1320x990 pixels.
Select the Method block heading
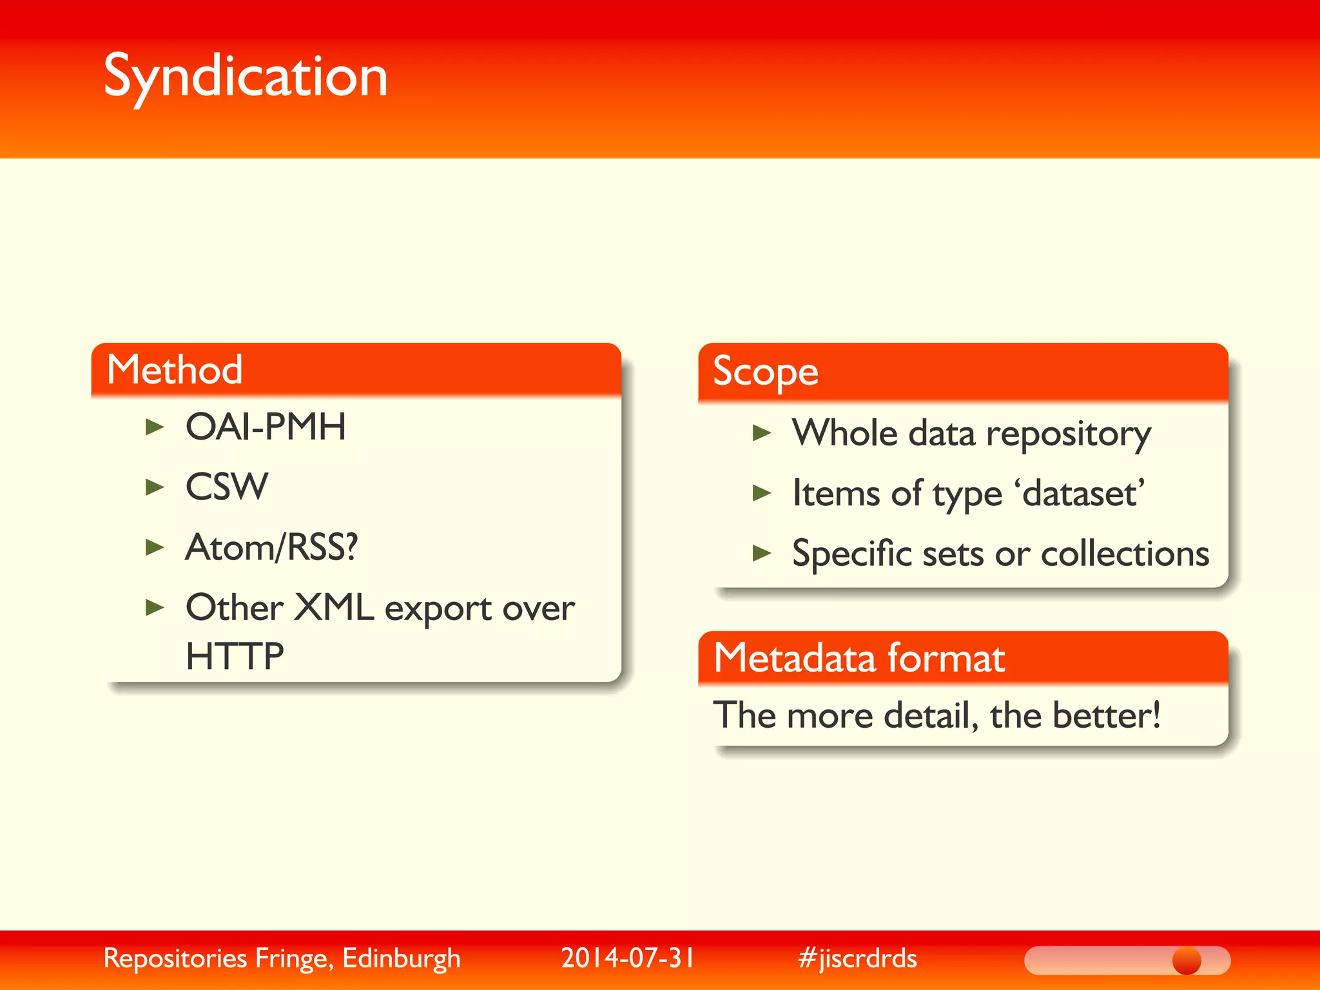(175, 370)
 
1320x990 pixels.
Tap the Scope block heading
(765, 372)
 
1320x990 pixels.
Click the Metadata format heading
(859, 658)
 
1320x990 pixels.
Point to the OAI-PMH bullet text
(266, 427)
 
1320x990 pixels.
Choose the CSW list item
(227, 487)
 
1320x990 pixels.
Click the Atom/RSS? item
(271, 547)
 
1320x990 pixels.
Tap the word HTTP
(235, 656)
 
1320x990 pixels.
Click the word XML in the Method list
(333, 607)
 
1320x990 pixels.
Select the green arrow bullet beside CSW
(155, 487)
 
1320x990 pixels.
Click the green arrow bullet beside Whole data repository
(762, 433)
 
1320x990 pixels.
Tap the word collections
(1125, 554)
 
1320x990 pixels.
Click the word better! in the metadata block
(1106, 715)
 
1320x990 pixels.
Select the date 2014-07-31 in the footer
(628, 958)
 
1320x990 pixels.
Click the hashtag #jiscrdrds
(857, 958)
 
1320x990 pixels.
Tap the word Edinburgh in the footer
(402, 958)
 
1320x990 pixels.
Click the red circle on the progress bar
(1187, 960)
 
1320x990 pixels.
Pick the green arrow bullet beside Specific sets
(762, 553)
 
